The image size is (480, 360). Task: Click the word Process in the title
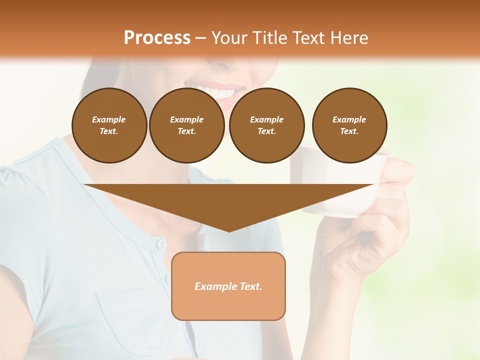157,38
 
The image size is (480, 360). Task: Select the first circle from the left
109,125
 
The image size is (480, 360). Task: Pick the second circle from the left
187,125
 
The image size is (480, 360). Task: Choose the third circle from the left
267,125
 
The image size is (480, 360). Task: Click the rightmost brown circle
349,125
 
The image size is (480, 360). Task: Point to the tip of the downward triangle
229,230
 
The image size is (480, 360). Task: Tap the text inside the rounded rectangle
228,286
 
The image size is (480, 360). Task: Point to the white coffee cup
345,200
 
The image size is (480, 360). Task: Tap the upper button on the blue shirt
160,244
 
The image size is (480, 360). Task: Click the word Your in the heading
228,38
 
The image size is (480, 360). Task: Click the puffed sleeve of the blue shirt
20,185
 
